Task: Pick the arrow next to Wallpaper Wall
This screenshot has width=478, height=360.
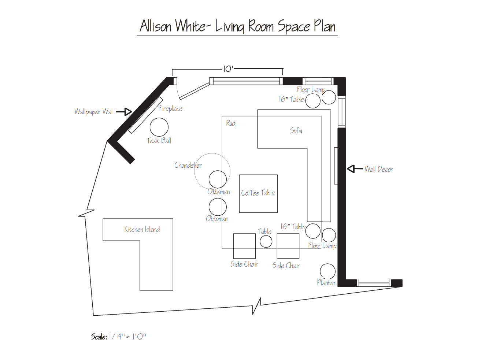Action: (x=124, y=112)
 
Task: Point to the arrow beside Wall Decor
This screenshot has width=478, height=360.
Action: (x=355, y=169)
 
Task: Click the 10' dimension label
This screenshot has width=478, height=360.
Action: (x=228, y=69)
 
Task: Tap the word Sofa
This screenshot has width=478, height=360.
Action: (x=296, y=131)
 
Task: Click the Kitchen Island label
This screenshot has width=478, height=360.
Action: (x=142, y=229)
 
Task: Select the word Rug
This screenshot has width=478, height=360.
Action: (x=231, y=123)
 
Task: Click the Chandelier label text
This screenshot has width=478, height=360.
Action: (x=188, y=165)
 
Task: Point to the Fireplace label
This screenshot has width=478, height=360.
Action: (x=171, y=108)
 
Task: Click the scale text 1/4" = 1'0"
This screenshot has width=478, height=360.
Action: (x=127, y=337)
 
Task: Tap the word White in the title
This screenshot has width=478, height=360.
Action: (x=190, y=26)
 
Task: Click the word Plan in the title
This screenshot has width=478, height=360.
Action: (x=325, y=26)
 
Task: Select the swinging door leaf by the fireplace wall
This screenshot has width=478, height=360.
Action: (x=194, y=91)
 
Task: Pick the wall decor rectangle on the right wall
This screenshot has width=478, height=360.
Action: (x=336, y=166)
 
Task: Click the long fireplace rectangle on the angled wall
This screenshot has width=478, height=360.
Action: (x=146, y=115)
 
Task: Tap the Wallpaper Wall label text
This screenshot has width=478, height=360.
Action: (x=94, y=112)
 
